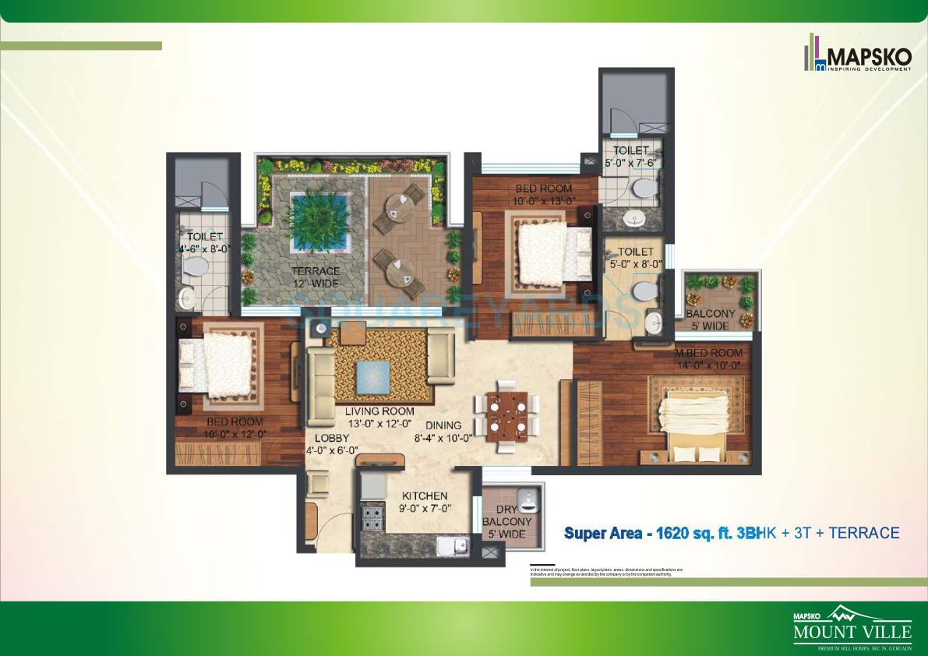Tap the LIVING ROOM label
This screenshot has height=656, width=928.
[381, 411]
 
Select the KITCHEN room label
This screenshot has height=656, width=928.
[425, 496]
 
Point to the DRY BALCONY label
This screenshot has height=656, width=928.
[507, 522]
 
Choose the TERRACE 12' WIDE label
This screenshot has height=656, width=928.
[316, 277]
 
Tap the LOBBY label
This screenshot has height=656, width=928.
[331, 439]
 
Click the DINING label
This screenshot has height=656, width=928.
[443, 425]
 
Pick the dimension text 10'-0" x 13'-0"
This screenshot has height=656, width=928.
[543, 201]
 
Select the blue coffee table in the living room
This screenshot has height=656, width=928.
[373, 378]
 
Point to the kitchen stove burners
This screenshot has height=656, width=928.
[372, 516]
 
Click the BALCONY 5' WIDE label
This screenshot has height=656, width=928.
[707, 319]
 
